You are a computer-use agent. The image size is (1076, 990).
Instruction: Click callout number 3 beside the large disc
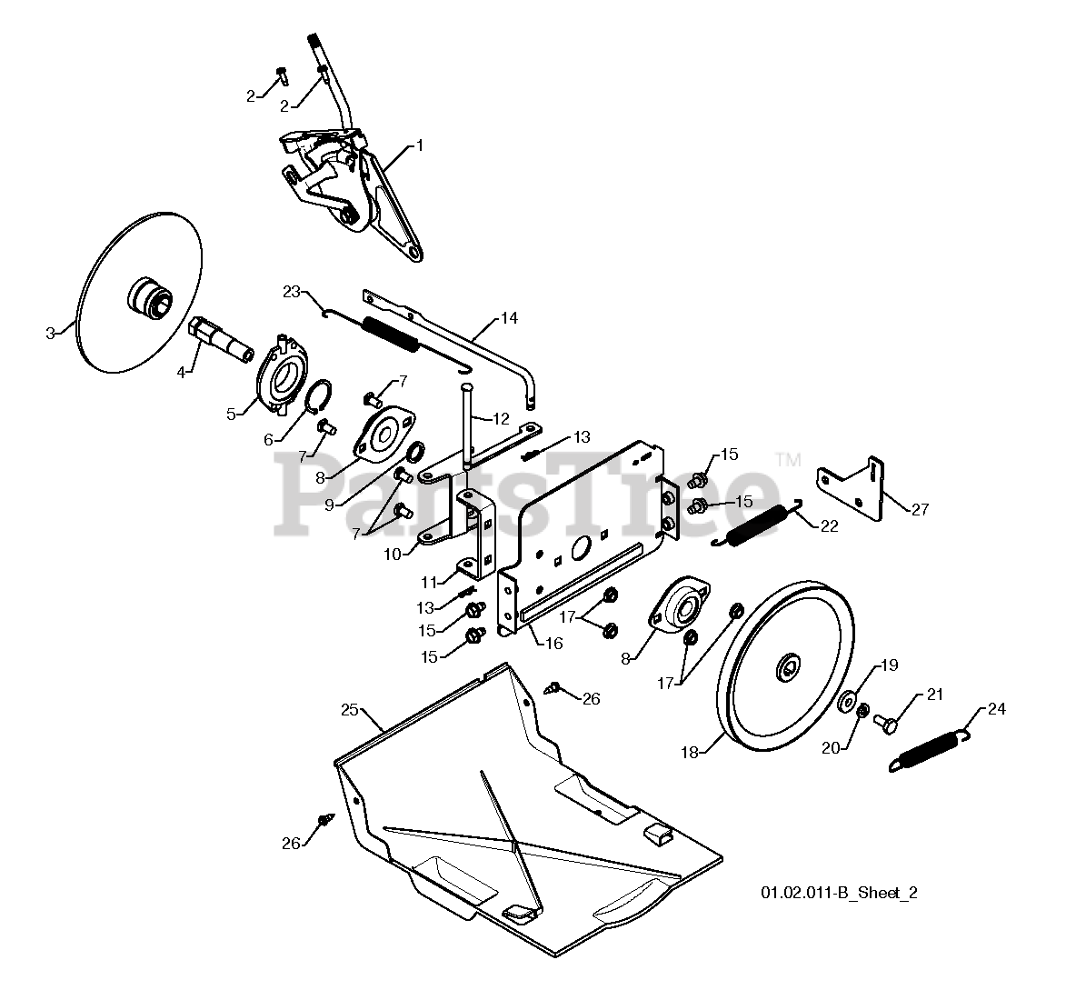coord(51,333)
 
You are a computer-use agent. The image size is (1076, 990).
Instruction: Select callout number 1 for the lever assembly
coord(420,145)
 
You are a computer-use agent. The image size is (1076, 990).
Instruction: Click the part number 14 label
coord(508,318)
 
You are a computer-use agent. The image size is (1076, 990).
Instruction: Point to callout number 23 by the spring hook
coord(292,292)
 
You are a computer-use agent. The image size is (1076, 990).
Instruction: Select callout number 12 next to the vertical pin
coord(502,419)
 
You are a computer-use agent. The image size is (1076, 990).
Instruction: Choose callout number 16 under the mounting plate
coord(553,643)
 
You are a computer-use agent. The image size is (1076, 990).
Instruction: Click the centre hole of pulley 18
coord(785,671)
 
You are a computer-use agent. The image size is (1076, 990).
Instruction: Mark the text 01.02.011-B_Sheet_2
coord(839,893)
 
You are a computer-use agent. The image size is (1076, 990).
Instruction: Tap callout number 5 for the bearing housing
coord(231,414)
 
